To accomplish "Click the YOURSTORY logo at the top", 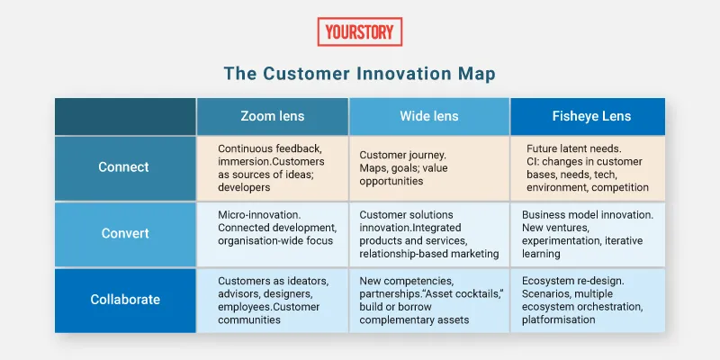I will pyautogui.click(x=359, y=31).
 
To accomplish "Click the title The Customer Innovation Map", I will pyautogui.click(x=359, y=73).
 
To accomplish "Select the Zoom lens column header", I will pyautogui.click(x=272, y=116).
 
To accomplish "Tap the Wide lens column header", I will pyautogui.click(x=428, y=116).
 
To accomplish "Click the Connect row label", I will pyautogui.click(x=124, y=167).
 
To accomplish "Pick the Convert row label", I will pyautogui.click(x=124, y=234).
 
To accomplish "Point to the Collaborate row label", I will pyautogui.click(x=124, y=300).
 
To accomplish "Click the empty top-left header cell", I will pyautogui.click(x=124, y=116).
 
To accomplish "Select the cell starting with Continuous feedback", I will pyautogui.click(x=272, y=167).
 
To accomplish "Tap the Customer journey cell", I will pyautogui.click(x=428, y=167).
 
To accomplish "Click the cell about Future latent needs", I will pyautogui.click(x=588, y=167).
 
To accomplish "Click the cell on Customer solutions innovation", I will pyautogui.click(x=428, y=234).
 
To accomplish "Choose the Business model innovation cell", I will pyautogui.click(x=588, y=234).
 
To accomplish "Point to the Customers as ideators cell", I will pyautogui.click(x=272, y=300).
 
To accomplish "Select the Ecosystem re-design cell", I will pyautogui.click(x=588, y=300).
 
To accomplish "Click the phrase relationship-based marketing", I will pyautogui.click(x=428, y=254).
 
